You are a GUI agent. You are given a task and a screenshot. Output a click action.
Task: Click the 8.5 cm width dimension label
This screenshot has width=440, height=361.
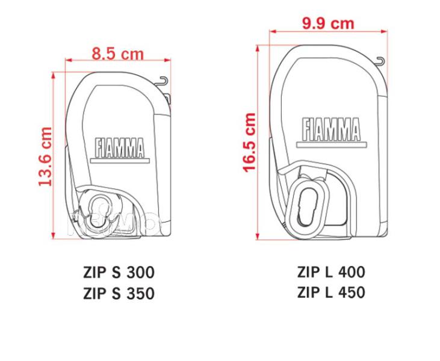(x=118, y=53)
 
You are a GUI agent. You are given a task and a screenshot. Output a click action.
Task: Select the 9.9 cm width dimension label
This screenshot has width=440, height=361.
(x=327, y=23)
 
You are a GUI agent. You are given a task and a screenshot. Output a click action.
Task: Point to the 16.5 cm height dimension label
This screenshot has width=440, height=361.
(x=249, y=143)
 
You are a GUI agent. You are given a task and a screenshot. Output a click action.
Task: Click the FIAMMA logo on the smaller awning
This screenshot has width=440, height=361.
(x=119, y=147)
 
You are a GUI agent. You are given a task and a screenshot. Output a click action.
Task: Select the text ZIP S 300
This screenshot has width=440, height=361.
(x=119, y=273)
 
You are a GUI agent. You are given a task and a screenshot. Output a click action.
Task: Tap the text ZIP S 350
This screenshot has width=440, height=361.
(x=119, y=294)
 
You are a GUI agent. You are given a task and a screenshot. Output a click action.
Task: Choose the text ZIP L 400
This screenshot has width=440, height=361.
(x=331, y=271)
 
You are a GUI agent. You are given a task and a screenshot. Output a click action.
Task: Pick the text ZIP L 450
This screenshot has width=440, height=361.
(x=331, y=292)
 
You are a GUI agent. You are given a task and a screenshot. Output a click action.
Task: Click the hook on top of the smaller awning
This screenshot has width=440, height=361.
(x=164, y=80)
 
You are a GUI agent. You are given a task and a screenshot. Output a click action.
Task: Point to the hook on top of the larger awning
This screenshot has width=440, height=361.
(x=379, y=61)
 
